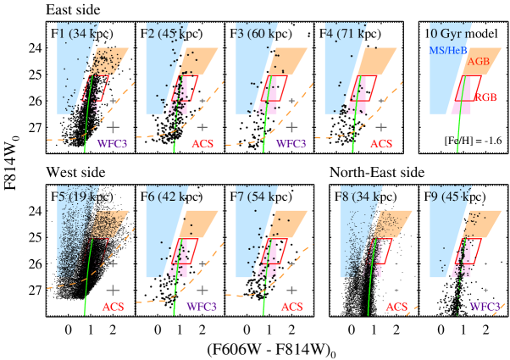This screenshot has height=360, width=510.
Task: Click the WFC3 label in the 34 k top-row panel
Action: tap(112, 144)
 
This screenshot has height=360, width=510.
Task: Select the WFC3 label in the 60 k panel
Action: tap(291, 144)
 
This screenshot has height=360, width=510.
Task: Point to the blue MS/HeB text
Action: tap(449, 52)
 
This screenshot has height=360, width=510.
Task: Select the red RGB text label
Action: tap(485, 98)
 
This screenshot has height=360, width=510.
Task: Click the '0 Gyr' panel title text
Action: tap(450, 34)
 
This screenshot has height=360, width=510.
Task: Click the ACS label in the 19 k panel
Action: tap(113, 307)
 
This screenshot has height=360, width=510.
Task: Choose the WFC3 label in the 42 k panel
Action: tap(202, 307)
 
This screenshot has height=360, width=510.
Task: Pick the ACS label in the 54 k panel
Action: tap(291, 307)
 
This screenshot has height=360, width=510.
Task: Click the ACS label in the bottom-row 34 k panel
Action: tap(396, 307)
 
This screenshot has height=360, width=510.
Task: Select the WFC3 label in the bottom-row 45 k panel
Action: tap(484, 307)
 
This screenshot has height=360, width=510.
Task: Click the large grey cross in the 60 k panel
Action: tap(291, 126)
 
